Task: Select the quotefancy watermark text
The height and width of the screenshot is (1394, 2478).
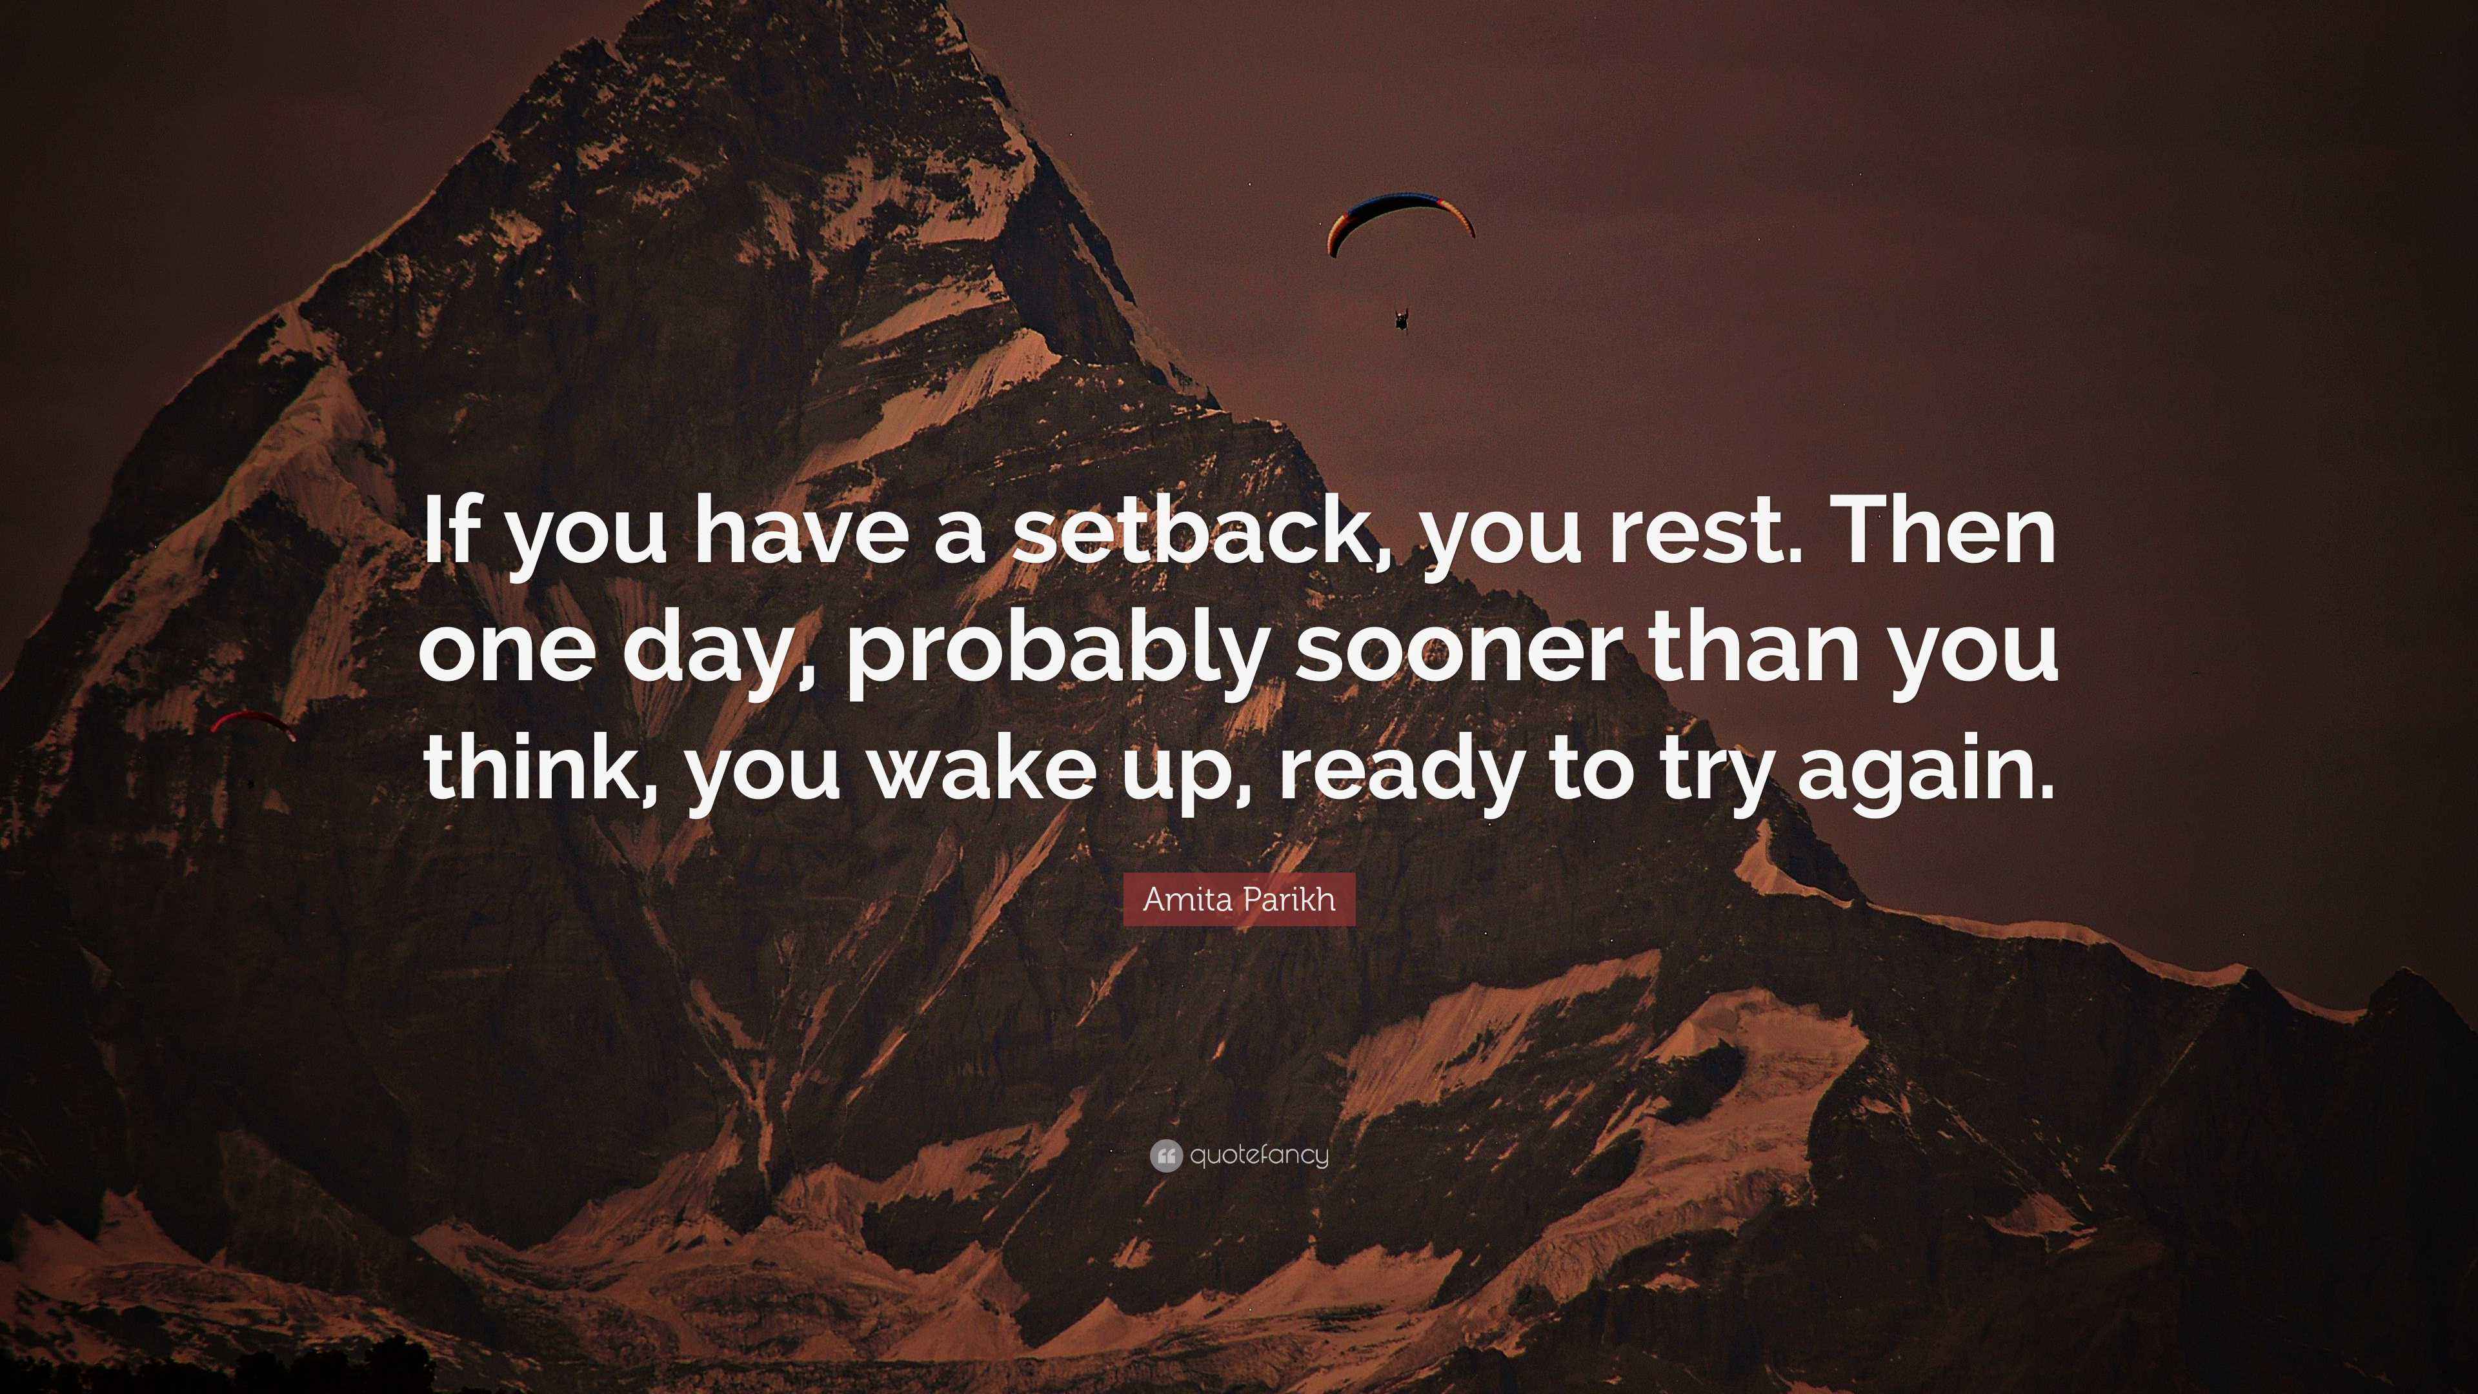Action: coord(1258,1155)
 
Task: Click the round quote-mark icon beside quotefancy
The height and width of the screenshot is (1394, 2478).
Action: coord(1165,1155)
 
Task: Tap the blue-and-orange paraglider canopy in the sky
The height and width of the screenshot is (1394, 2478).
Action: coord(1400,216)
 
